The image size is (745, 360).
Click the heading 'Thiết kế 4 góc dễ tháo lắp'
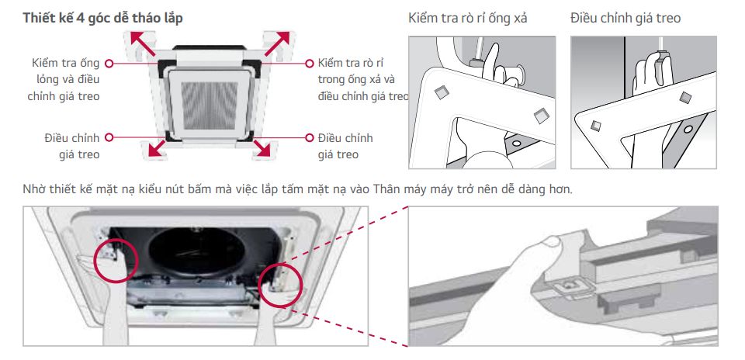(x=103, y=18)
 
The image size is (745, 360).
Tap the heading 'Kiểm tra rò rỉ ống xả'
(x=467, y=18)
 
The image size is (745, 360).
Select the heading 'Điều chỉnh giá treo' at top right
(x=625, y=18)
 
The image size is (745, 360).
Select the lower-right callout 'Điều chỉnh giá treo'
(x=345, y=146)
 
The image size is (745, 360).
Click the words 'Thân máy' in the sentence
(x=396, y=189)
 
